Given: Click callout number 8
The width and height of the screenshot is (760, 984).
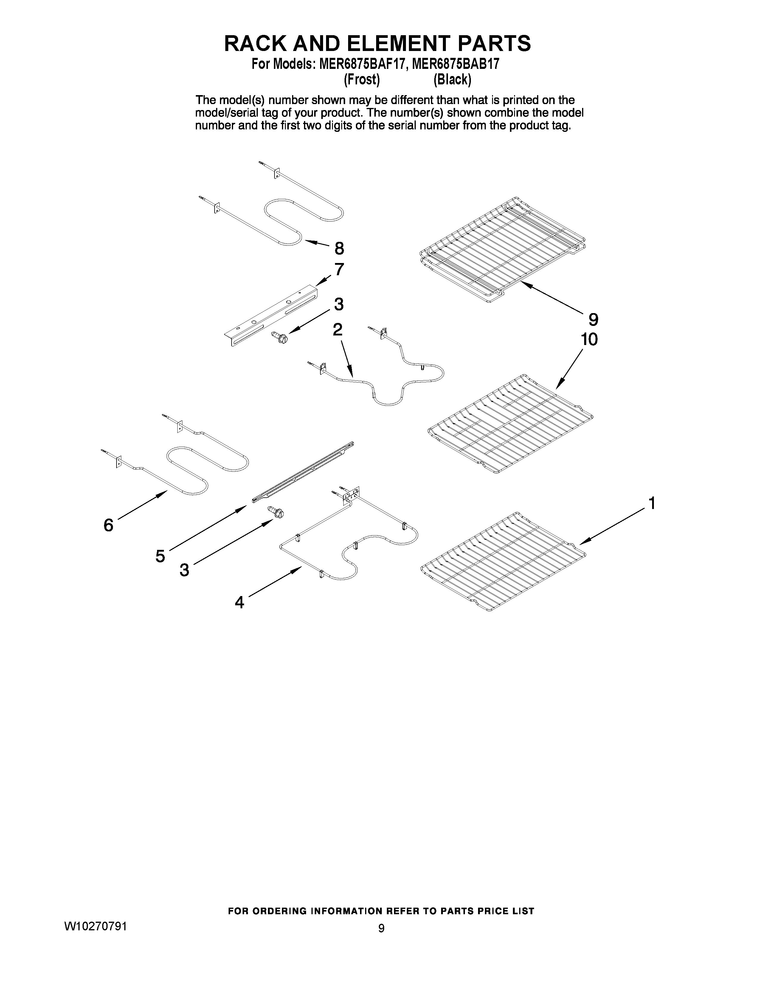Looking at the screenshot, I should click(339, 248).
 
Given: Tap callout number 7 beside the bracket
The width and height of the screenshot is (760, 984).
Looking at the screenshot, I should click(339, 270).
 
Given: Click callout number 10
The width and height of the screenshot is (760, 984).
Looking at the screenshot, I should click(589, 339).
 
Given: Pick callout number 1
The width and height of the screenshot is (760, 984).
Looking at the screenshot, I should click(651, 503).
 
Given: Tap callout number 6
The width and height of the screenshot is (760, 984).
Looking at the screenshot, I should click(108, 525).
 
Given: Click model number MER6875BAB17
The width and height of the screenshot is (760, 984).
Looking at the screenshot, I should click(455, 64).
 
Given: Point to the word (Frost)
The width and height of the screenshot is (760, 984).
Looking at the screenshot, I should click(362, 80).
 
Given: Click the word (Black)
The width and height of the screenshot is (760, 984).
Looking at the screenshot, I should click(452, 80).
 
